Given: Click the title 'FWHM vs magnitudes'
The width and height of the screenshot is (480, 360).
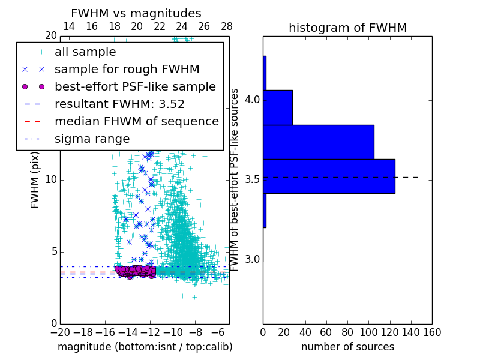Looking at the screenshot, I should click(136, 13).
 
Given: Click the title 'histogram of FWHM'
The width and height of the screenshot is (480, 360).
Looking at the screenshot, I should click(347, 28).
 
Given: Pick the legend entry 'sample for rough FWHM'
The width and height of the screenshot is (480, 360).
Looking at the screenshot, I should click(127, 69).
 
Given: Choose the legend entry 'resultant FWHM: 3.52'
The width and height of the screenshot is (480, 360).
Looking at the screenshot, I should click(119, 104).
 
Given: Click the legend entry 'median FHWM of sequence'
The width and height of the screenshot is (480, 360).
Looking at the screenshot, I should click(136, 121).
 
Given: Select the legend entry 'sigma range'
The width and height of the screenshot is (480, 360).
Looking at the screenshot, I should click(92, 139).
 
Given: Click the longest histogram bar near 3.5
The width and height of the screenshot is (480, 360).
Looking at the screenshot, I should click(329, 176).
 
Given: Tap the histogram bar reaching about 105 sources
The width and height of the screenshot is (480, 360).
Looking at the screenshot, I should click(318, 142).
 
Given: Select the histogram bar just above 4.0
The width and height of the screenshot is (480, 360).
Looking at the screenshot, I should click(277, 107).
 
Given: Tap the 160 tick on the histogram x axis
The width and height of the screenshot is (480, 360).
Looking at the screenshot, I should click(432, 332).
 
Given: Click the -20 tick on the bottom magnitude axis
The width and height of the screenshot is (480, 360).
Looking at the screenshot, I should click(60, 332).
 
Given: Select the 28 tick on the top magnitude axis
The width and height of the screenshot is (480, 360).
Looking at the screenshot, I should click(227, 26).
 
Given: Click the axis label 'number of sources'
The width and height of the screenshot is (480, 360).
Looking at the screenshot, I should click(347, 347).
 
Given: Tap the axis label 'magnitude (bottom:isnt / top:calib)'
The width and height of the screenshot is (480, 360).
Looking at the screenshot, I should click(145, 347).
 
